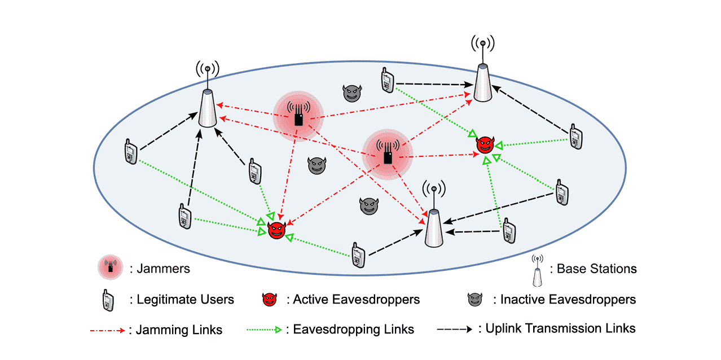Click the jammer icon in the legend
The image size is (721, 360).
(x=111, y=267)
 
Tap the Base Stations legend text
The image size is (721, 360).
(x=597, y=269)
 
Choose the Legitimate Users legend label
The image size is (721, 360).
(x=185, y=300)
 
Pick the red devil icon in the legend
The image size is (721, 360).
(x=270, y=300)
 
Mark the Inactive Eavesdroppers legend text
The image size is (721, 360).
(x=568, y=300)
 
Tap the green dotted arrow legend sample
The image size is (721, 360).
(x=265, y=330)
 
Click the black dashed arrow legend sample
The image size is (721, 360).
(x=455, y=328)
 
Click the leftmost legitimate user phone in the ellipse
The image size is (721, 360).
(x=130, y=152)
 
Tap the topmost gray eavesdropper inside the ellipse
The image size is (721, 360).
(x=351, y=93)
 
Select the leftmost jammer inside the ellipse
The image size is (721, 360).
(x=298, y=116)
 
